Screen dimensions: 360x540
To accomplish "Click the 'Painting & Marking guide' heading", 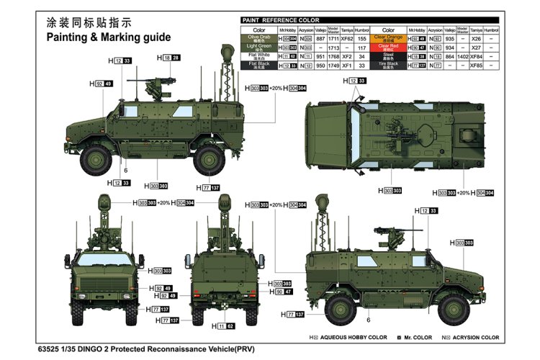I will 109,37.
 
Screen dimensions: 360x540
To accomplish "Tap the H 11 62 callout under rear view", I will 223,326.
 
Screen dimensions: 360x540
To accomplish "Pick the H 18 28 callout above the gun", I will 170,58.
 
